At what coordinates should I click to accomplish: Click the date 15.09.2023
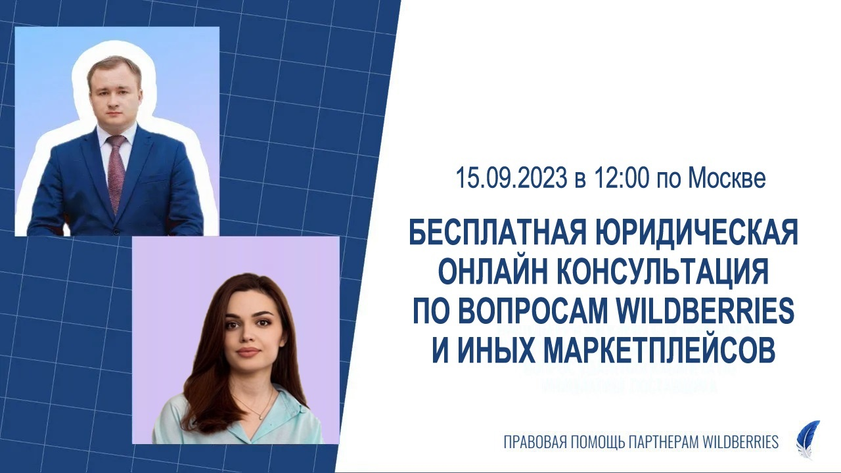coord(512,179)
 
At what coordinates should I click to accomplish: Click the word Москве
coord(727,179)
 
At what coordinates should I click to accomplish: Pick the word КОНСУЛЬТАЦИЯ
coord(666,273)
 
